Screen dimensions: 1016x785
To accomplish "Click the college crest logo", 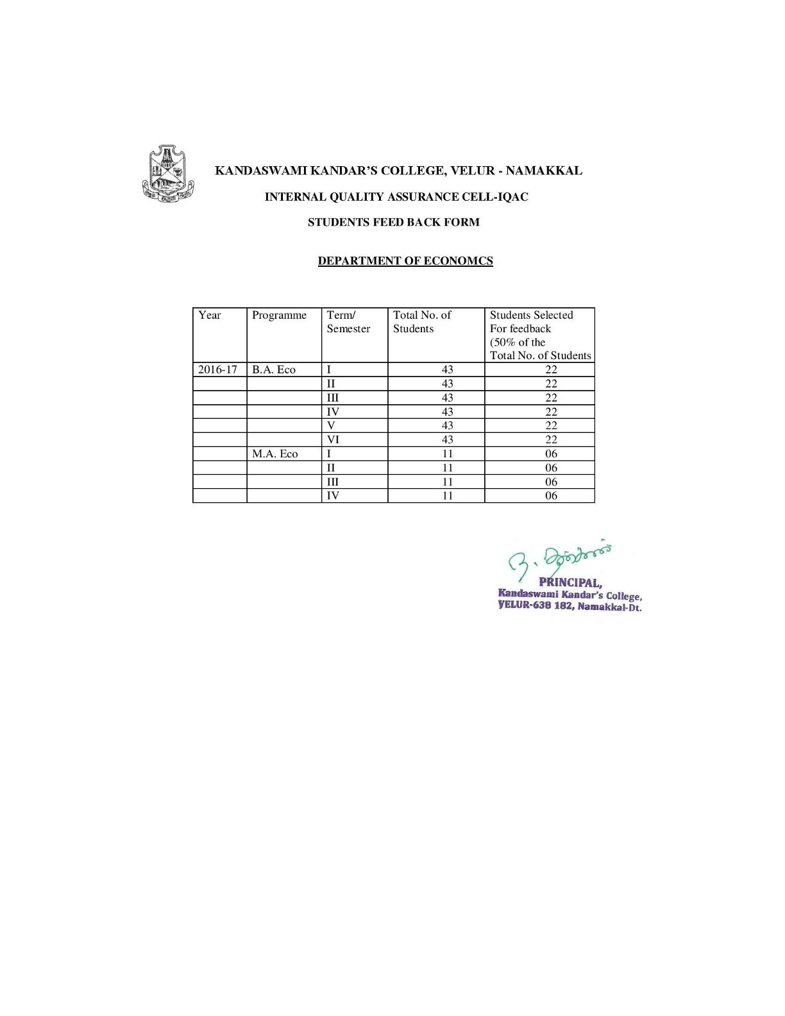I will click(x=167, y=171).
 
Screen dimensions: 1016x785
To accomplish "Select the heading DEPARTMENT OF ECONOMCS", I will click(x=405, y=260).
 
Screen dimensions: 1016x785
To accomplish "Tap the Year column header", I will click(x=210, y=315).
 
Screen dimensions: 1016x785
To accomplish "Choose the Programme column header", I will click(x=279, y=315).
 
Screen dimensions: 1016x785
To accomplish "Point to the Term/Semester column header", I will click(x=348, y=321).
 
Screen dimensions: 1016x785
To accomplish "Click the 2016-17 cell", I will click(x=217, y=369).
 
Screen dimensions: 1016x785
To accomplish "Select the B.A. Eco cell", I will click(x=274, y=369).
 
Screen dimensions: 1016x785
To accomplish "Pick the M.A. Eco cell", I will click(x=275, y=453).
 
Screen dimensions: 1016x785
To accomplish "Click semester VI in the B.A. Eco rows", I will click(x=333, y=439).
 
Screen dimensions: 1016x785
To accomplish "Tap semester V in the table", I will click(x=331, y=425).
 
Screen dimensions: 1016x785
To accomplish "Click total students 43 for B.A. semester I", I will click(x=447, y=369).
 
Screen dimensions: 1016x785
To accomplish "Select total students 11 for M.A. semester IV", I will click(x=447, y=495).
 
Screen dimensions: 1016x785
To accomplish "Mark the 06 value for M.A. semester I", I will click(x=551, y=453).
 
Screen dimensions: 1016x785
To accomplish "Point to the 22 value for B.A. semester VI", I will click(x=551, y=439).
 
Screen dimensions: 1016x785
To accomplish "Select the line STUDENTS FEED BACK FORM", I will click(x=393, y=222).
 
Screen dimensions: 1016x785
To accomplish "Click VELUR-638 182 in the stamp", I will click(x=535, y=605).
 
